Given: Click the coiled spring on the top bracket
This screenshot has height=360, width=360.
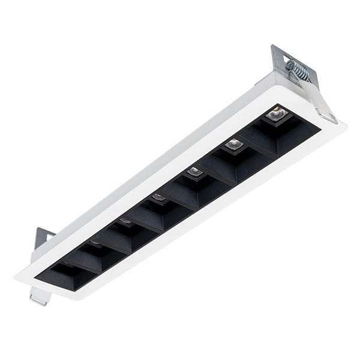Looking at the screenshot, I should click(x=299, y=70).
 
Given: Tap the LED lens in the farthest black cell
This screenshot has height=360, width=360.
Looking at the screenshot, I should click(x=275, y=112).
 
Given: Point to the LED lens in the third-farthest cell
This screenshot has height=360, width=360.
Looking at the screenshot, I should click(x=194, y=172).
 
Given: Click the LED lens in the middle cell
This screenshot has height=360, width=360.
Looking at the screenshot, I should click(x=158, y=197).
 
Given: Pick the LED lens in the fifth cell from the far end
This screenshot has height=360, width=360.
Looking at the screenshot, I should click(x=125, y=221).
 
